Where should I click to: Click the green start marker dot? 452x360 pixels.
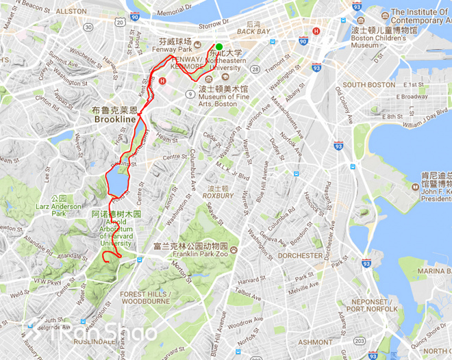pos(218,46)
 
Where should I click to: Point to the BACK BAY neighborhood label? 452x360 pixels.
pos(253,31)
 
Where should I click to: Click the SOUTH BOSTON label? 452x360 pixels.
pos(369,85)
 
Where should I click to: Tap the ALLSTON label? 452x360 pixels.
pos(71,12)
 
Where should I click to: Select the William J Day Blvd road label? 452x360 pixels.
pos(427,125)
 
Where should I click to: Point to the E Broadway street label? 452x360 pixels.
pos(414,97)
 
